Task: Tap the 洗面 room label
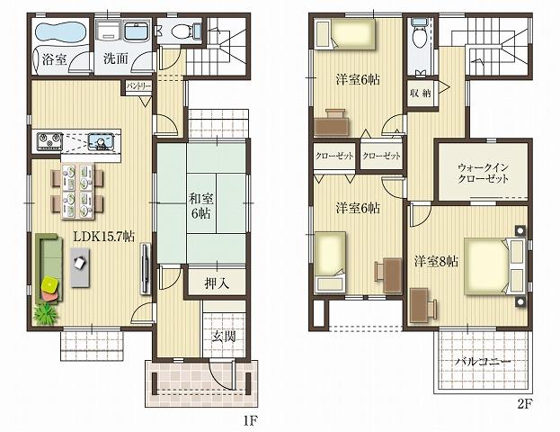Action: [114, 60]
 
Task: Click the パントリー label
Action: [138, 86]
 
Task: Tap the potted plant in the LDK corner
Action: [44, 314]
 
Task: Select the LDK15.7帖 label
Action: [104, 236]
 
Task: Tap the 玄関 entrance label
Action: [224, 337]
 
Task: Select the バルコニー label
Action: [482, 362]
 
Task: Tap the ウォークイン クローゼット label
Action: [483, 173]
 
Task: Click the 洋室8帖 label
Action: [436, 262]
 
